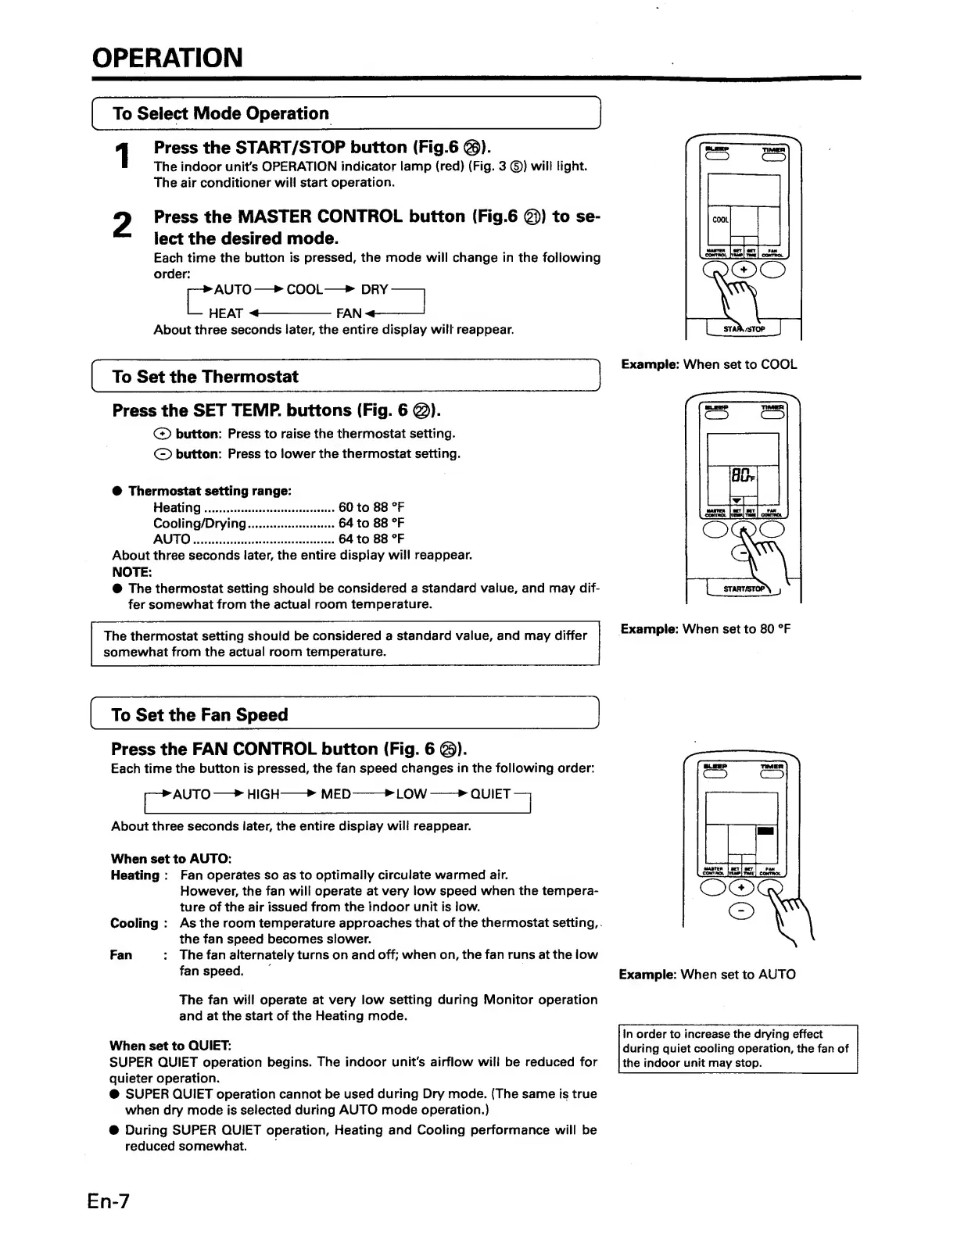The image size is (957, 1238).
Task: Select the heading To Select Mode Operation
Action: click(221, 113)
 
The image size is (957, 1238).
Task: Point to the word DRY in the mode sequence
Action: click(375, 289)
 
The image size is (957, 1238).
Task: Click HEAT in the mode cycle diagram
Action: click(226, 313)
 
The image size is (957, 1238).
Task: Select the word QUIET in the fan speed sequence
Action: click(490, 794)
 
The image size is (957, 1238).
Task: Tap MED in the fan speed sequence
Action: click(336, 794)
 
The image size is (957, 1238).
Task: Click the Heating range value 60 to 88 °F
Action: click(371, 507)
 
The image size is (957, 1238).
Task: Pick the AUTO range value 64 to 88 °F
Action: click(371, 538)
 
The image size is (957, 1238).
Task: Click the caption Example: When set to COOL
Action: click(709, 364)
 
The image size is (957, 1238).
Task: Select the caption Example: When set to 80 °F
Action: click(706, 628)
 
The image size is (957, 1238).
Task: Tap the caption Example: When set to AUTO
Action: click(708, 974)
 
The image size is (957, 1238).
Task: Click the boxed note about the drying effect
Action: click(737, 1048)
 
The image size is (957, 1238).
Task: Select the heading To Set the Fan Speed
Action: click(200, 714)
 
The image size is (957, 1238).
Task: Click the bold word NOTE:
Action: click(131, 572)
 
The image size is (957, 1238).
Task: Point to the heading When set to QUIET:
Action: click(170, 1045)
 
